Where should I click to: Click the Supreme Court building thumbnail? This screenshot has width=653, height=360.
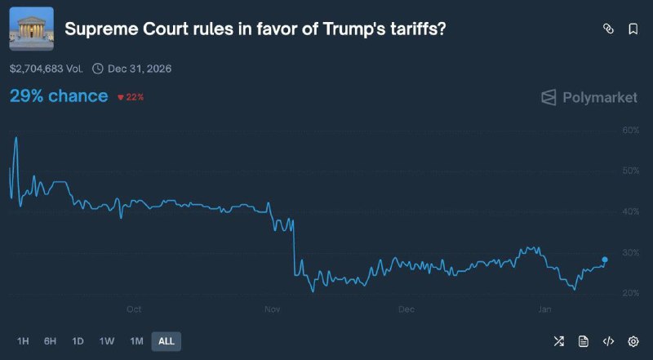pos(31,29)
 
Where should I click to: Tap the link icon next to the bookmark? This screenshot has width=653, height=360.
pos(607,29)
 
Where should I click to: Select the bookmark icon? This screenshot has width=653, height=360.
pos(633,29)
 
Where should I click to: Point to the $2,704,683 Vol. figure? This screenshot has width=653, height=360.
pos(47,69)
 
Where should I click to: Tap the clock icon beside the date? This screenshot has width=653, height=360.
pos(98,69)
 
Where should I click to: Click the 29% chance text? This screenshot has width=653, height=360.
pos(59,96)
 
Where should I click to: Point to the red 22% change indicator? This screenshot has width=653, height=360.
pos(131,97)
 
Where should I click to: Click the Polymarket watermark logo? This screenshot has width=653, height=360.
pos(589,97)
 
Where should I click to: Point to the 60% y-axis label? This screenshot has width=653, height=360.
pos(629,130)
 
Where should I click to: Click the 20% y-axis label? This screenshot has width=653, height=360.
pos(629,293)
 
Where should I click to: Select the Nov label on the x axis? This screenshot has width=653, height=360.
pos(273,309)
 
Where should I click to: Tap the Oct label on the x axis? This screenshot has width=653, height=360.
pos(134,309)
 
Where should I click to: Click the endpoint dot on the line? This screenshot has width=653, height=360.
pos(605,260)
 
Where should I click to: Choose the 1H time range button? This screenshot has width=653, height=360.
pos(23,341)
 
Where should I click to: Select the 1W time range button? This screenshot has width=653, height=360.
pos(107,341)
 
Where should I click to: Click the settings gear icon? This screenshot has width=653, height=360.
pos(633,341)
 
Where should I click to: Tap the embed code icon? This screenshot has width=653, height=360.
pos(608,341)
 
